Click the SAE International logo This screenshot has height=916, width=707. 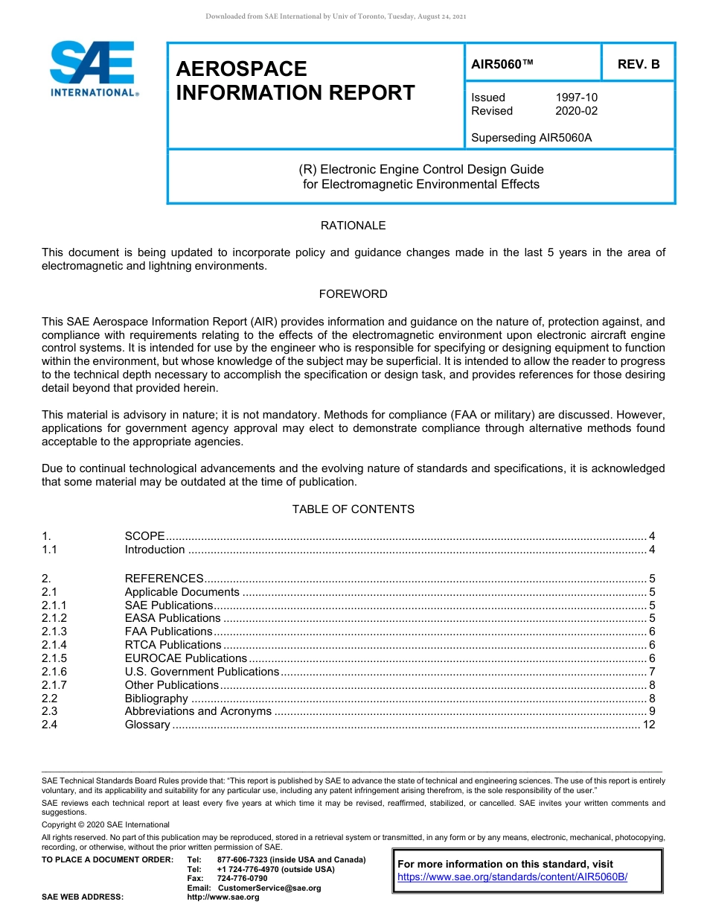pyautogui.click(x=92, y=69)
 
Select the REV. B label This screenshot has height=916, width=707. pyautogui.click(x=638, y=64)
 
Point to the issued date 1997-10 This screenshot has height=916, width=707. pyautogui.click(x=576, y=98)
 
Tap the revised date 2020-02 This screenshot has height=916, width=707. pyautogui.click(x=576, y=111)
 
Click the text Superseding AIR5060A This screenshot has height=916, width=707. pyautogui.click(x=531, y=137)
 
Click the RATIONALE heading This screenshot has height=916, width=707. pyautogui.click(x=353, y=226)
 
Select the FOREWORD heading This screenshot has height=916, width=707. pyautogui.click(x=353, y=294)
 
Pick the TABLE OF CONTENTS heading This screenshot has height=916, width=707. pyautogui.click(x=353, y=509)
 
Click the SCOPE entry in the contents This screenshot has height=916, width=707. pyautogui.click(x=144, y=536)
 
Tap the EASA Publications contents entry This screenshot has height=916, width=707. pyautogui.click(x=173, y=618)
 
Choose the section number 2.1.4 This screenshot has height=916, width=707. pyautogui.click(x=54, y=645)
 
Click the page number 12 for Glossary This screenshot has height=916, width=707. pyautogui.click(x=648, y=725)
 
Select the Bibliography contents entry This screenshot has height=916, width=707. pyautogui.click(x=156, y=699)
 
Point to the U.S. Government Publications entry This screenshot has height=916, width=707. pyautogui.click(x=202, y=672)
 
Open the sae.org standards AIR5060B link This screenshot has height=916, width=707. pyautogui.click(x=512, y=877)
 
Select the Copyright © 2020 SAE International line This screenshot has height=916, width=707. pyautogui.click(x=106, y=824)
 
